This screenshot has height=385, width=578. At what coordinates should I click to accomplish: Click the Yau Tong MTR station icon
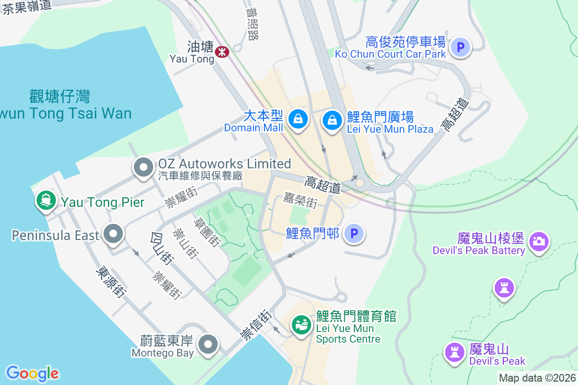click(222, 51)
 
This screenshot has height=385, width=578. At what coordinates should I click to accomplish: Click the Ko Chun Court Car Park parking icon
click(460, 47)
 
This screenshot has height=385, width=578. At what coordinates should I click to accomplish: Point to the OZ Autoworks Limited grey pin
click(143, 168)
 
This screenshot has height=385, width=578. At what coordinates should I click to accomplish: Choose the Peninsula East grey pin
click(114, 234)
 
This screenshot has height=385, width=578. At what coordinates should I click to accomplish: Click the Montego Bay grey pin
click(209, 344)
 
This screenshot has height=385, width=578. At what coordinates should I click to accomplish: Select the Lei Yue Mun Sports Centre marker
click(302, 325)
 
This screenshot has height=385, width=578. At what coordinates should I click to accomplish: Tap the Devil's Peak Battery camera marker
click(539, 241)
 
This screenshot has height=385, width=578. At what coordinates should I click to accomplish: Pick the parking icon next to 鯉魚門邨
click(355, 234)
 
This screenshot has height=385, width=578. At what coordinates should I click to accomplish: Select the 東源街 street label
click(111, 282)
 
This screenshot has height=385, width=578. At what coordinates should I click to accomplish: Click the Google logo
click(32, 373)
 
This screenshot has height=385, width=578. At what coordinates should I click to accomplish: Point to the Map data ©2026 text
click(537, 378)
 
